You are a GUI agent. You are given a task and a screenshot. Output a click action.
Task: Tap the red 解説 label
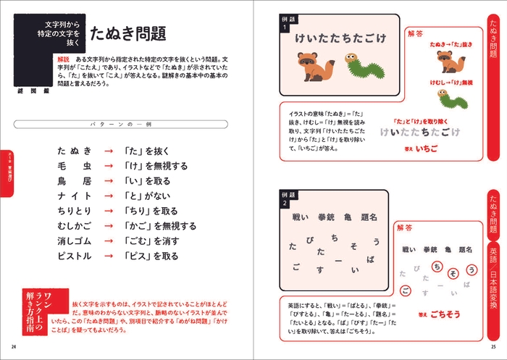(62, 58)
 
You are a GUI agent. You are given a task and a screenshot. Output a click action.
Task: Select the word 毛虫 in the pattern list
(75, 166)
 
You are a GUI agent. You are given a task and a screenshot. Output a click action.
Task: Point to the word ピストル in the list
(75, 256)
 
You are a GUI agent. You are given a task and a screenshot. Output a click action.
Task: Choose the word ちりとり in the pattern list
(75, 212)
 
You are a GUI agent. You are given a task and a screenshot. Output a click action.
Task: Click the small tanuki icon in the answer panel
(445, 65)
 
